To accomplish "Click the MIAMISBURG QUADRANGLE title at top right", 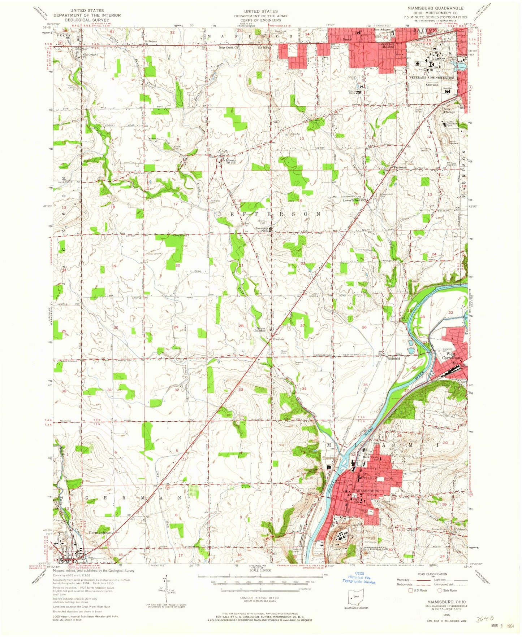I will [435, 8].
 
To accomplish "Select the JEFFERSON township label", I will [269, 214].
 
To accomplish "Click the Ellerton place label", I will [277, 339].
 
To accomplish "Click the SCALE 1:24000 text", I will [260, 571].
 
